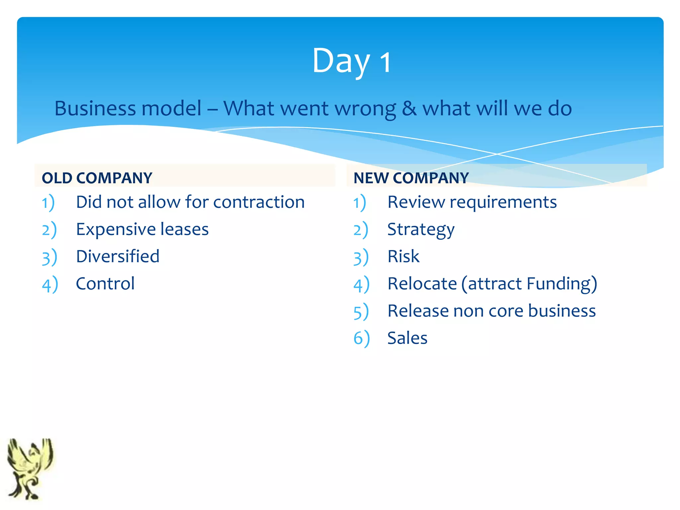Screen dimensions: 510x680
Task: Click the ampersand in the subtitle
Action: tap(409, 109)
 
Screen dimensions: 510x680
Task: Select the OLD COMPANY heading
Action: tap(97, 178)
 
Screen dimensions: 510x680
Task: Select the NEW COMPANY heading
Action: tap(411, 178)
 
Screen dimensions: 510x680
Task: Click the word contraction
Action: tap(259, 202)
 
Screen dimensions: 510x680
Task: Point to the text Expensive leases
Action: tap(142, 229)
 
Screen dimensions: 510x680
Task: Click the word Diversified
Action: tap(118, 256)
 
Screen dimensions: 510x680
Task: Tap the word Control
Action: tap(105, 284)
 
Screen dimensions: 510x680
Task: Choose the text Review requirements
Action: tap(472, 203)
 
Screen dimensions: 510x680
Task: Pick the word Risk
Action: tap(403, 257)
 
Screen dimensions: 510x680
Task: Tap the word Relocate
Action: tap(422, 284)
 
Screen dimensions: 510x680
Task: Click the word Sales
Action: tap(407, 338)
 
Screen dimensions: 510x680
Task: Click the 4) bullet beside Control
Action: tap(50, 285)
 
